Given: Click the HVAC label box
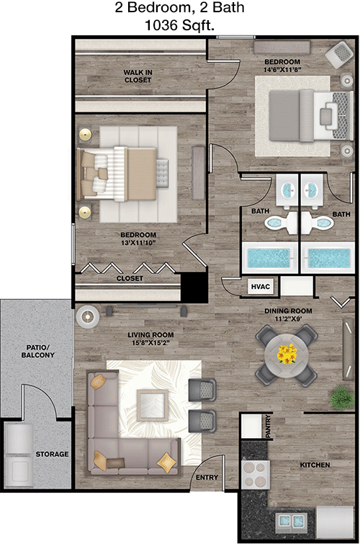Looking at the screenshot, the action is click(260, 287).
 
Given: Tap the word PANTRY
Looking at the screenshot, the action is click(268, 427).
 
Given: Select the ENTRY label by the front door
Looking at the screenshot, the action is click(207, 478).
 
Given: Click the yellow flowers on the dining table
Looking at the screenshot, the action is click(287, 354).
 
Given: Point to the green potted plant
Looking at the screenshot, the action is click(341, 397).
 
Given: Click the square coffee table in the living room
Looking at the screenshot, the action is click(152, 405).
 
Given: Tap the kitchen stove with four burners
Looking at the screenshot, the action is click(256, 475).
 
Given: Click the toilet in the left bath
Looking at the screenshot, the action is click(280, 223).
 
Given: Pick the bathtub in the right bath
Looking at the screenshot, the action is click(328, 258).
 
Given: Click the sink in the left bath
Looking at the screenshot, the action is click(287, 190).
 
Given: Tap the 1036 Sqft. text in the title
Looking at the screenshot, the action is click(179, 25).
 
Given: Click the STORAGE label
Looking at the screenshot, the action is click(52, 454).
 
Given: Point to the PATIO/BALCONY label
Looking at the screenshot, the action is click(38, 351).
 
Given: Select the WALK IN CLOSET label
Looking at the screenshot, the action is click(138, 76).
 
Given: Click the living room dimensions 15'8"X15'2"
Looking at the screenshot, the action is click(150, 343).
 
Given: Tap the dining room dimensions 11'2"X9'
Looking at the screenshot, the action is click(288, 318).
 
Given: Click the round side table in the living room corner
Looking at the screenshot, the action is click(87, 316).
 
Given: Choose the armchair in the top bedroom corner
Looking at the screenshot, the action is click(340, 55).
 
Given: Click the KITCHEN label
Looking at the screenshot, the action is click(315, 465).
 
